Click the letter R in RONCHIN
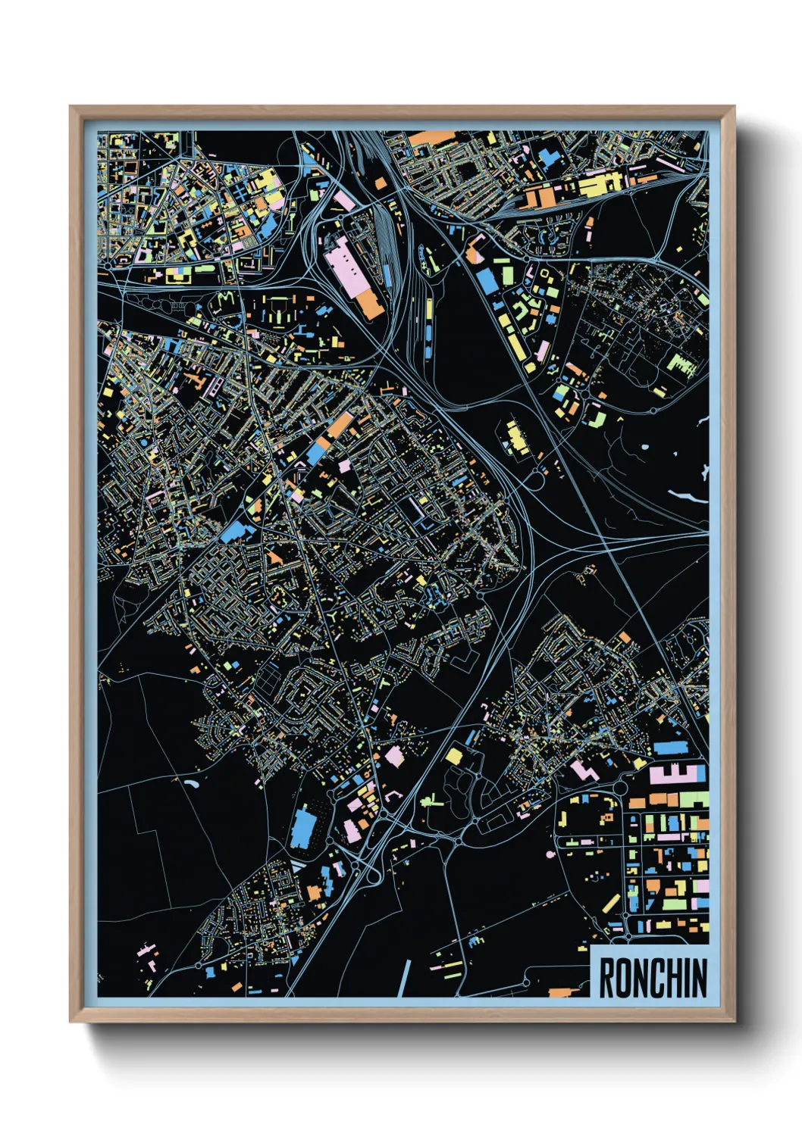pyautogui.click(x=606, y=978)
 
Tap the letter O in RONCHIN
pyautogui.click(x=622, y=978)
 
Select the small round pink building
pyautogui.click(x=550, y=854)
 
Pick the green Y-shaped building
pyautogui.click(x=334, y=617)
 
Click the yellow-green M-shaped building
pyautogui.click(x=225, y=298)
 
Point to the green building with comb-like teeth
pyautogui.click(x=681, y=367)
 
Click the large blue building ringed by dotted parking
pyautogui.click(x=302, y=828)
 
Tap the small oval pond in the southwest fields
pyautogui.click(x=189, y=785)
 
